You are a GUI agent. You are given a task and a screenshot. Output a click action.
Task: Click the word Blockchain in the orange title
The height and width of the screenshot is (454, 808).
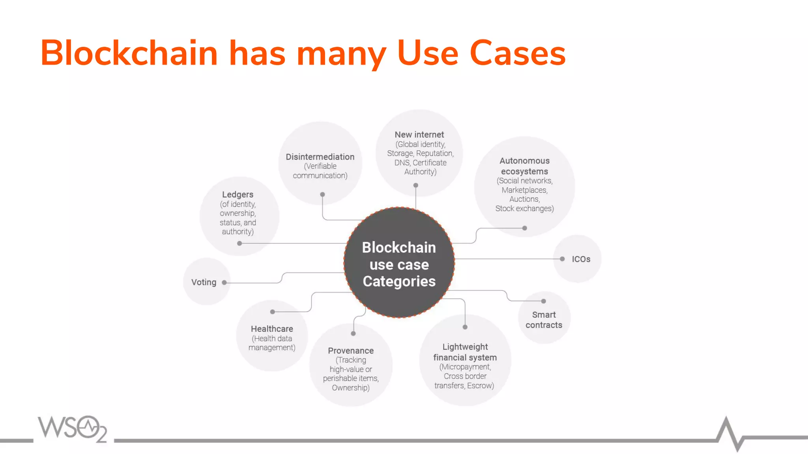coord(129,53)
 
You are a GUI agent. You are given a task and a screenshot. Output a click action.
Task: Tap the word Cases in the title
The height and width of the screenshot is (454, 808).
coord(518,53)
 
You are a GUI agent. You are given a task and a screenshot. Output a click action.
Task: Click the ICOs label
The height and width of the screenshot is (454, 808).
coord(581,259)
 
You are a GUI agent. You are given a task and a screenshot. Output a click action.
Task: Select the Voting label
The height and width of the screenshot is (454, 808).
coord(204,282)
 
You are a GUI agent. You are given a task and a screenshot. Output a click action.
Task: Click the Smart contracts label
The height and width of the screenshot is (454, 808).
coord(544,320)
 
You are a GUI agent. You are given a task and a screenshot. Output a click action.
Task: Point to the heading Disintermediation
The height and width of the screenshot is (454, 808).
coord(320,157)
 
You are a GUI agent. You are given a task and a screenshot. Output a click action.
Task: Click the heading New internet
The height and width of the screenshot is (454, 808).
coord(419,135)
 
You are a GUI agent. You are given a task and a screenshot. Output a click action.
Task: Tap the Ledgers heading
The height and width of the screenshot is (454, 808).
coord(238,195)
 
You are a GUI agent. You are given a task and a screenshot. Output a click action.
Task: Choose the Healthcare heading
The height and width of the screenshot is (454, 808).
coord(272,329)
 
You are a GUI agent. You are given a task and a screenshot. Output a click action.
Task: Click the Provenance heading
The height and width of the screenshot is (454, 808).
coord(351,351)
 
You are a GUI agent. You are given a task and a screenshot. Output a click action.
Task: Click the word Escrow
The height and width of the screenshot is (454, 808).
coord(480,385)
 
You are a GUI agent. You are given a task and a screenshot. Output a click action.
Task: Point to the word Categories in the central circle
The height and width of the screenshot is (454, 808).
coord(399,281)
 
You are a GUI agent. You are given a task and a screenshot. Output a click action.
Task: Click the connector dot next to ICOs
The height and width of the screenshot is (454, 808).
coord(562,259)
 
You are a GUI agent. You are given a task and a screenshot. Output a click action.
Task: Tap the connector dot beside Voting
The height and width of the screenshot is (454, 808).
coord(224,283)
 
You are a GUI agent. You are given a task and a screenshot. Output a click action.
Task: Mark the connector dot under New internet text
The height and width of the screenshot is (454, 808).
coord(415,185)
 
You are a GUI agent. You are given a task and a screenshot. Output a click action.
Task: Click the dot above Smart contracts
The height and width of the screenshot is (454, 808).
coord(543,301)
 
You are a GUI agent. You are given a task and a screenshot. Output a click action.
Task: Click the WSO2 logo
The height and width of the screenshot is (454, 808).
coord(72,428)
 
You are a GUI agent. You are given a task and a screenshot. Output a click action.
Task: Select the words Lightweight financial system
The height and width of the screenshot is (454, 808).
coord(465,352)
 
